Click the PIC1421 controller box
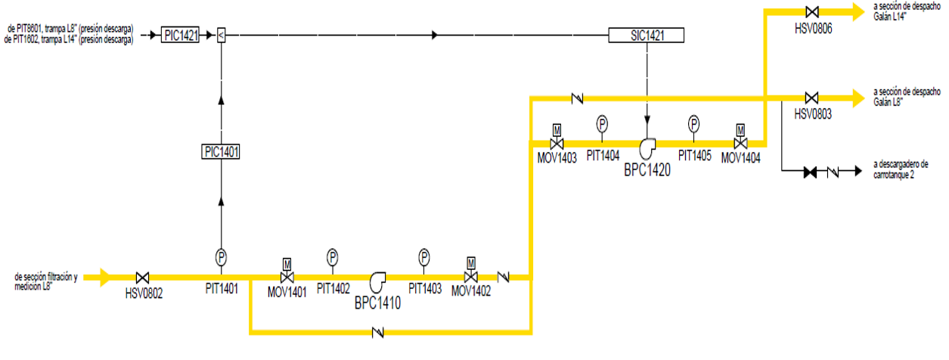click(180, 35)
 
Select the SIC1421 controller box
click(647, 35)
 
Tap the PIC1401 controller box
click(222, 152)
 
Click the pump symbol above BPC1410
click(377, 281)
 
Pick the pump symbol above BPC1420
click(648, 146)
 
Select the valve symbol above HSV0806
click(812, 12)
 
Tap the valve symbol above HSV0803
click(811, 98)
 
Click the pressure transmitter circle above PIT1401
click(222, 257)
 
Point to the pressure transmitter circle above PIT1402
click(332, 257)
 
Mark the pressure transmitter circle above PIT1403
click(424, 257)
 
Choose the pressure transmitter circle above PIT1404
click(603, 123)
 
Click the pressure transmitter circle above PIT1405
click(694, 123)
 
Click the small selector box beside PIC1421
click(221, 35)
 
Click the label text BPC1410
click(377, 304)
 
